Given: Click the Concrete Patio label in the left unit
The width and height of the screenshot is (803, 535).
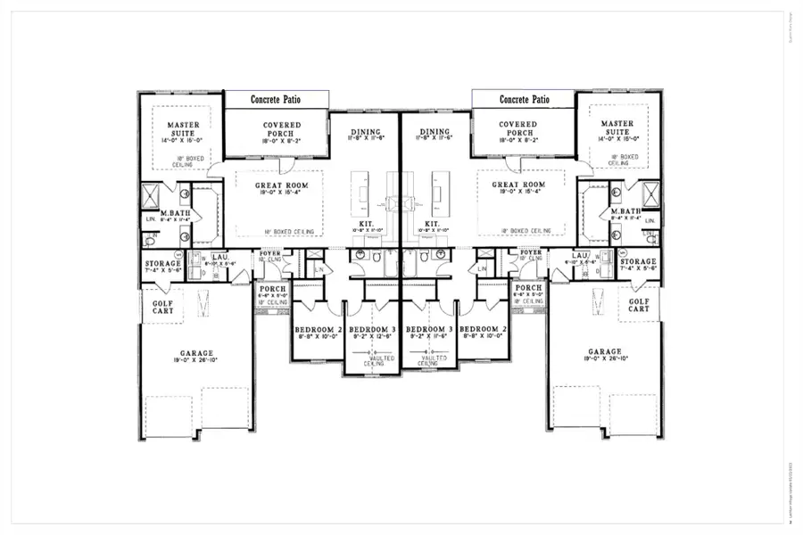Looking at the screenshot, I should (276, 100).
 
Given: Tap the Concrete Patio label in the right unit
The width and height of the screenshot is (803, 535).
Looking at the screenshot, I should (524, 100).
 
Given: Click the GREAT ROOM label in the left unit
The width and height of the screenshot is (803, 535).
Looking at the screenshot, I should (281, 185).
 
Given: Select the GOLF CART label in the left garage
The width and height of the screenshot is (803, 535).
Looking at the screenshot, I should (162, 308).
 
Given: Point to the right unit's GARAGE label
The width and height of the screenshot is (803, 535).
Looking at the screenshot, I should (604, 351).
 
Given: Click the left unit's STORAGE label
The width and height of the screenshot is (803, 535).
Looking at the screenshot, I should (162, 264).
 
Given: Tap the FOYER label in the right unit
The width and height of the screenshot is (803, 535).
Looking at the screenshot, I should (531, 252).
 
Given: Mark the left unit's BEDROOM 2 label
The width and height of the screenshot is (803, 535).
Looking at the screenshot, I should (317, 330).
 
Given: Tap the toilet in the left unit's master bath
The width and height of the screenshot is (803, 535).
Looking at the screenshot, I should (151, 239).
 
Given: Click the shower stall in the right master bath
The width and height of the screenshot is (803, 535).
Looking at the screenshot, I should (650, 193).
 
